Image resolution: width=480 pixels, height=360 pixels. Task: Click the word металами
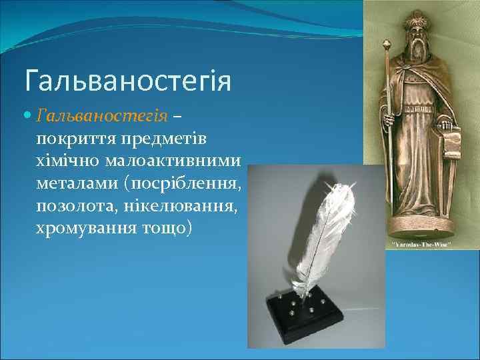point(70,183)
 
